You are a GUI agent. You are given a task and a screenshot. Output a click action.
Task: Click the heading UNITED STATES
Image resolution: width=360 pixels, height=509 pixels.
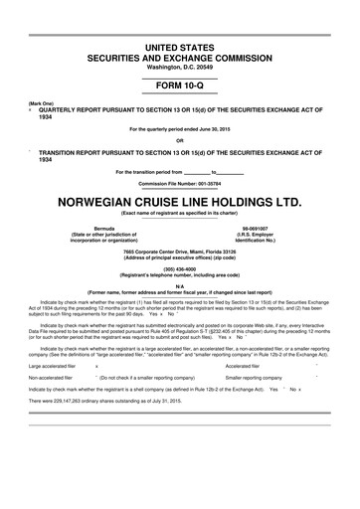(x=179, y=47)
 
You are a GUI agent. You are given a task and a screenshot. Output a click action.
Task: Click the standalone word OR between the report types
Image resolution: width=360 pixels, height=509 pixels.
(x=179, y=138)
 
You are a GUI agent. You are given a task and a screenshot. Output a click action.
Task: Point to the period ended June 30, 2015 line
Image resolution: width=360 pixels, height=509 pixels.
(x=179, y=128)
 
